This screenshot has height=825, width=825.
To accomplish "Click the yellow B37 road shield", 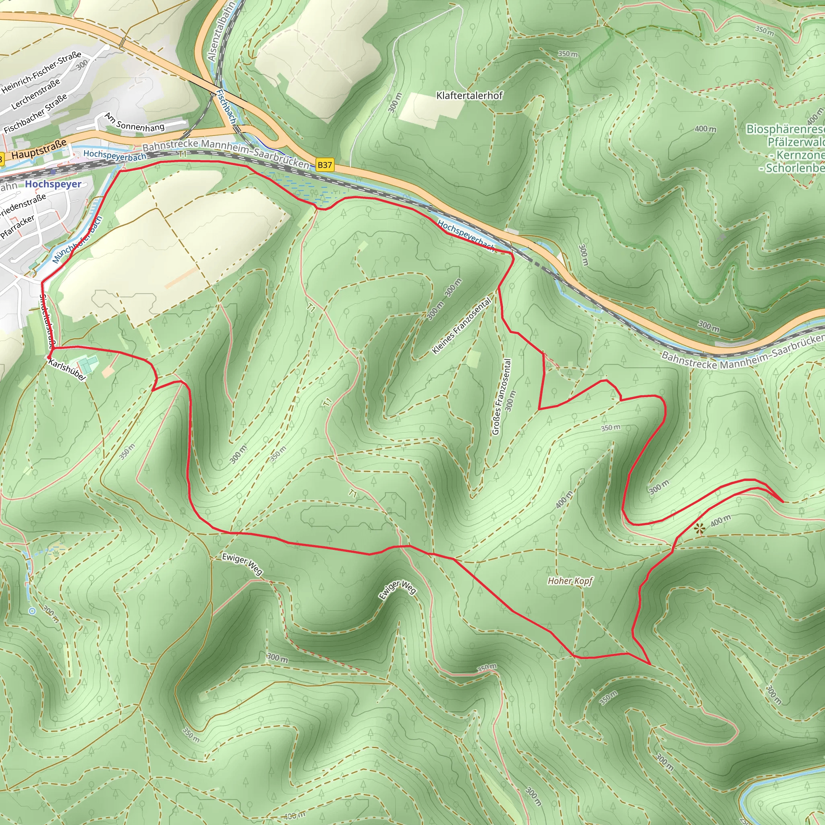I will pyautogui.click(x=325, y=165).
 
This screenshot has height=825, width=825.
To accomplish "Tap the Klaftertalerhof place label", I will pyautogui.click(x=469, y=95).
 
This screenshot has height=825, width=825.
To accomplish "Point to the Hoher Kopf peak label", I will pyautogui.click(x=570, y=581).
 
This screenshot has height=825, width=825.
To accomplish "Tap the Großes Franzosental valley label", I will pyautogui.click(x=502, y=396).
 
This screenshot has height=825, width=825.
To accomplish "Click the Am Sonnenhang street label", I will pyautogui.click(x=135, y=122).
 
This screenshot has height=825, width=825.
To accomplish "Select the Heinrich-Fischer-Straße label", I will pyautogui.click(x=41, y=72).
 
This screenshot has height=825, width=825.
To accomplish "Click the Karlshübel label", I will pyautogui.click(x=67, y=370).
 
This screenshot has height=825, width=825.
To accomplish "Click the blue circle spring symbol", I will pyautogui.click(x=32, y=611).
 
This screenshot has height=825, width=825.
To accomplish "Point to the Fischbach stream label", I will pyautogui.click(x=226, y=106).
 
